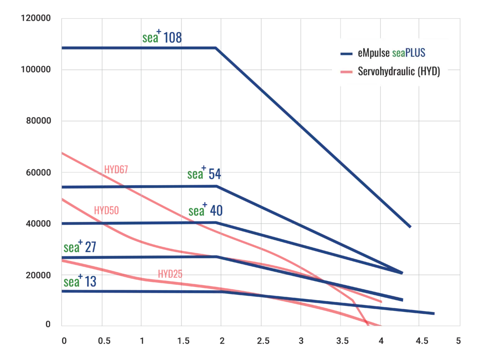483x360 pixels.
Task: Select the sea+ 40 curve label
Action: click(205, 211)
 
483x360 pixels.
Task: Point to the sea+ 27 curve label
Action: click(80, 247)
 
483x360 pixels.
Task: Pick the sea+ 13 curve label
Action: click(80, 282)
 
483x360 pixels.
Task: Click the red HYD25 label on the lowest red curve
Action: click(170, 274)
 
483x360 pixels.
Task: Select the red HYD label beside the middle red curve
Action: click(107, 210)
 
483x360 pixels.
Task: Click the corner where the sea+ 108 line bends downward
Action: click(217, 48)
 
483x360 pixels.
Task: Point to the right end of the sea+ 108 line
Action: click(411, 227)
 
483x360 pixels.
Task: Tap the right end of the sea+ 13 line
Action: click(434, 313)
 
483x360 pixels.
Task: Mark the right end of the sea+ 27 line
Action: click(402, 300)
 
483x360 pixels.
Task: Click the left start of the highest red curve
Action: click(63, 153)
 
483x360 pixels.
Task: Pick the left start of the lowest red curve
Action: click(63, 260)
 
